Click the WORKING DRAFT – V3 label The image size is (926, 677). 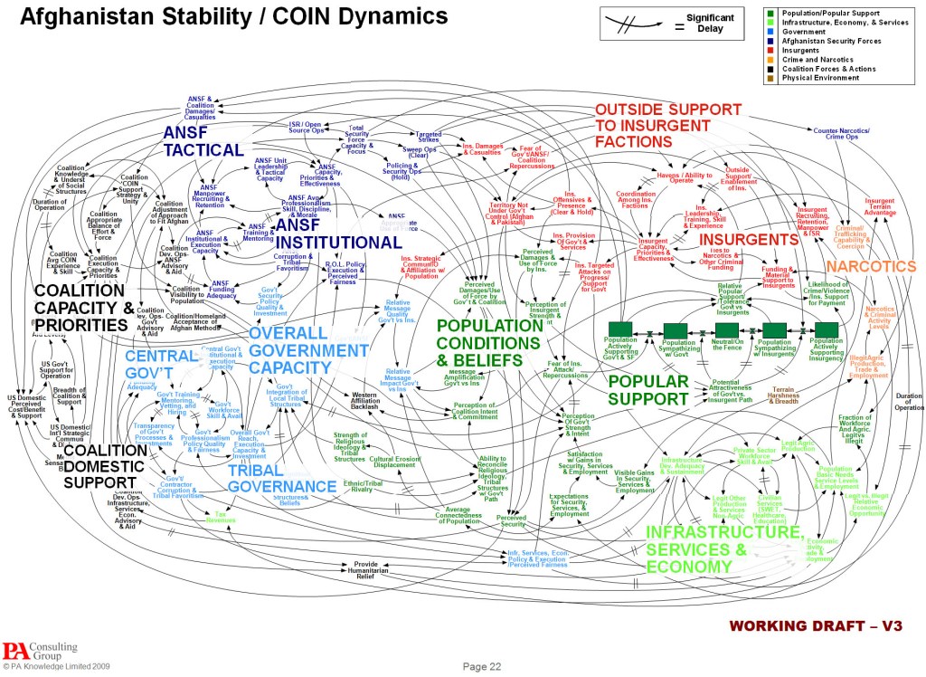pos(814,626)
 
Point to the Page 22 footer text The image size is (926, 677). pos(482,666)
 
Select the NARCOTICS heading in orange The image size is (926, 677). pos(871,267)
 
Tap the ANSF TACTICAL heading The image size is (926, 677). pos(203,141)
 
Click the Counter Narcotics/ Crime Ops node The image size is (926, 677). pos(841,133)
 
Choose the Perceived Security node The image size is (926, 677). pos(511,520)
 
